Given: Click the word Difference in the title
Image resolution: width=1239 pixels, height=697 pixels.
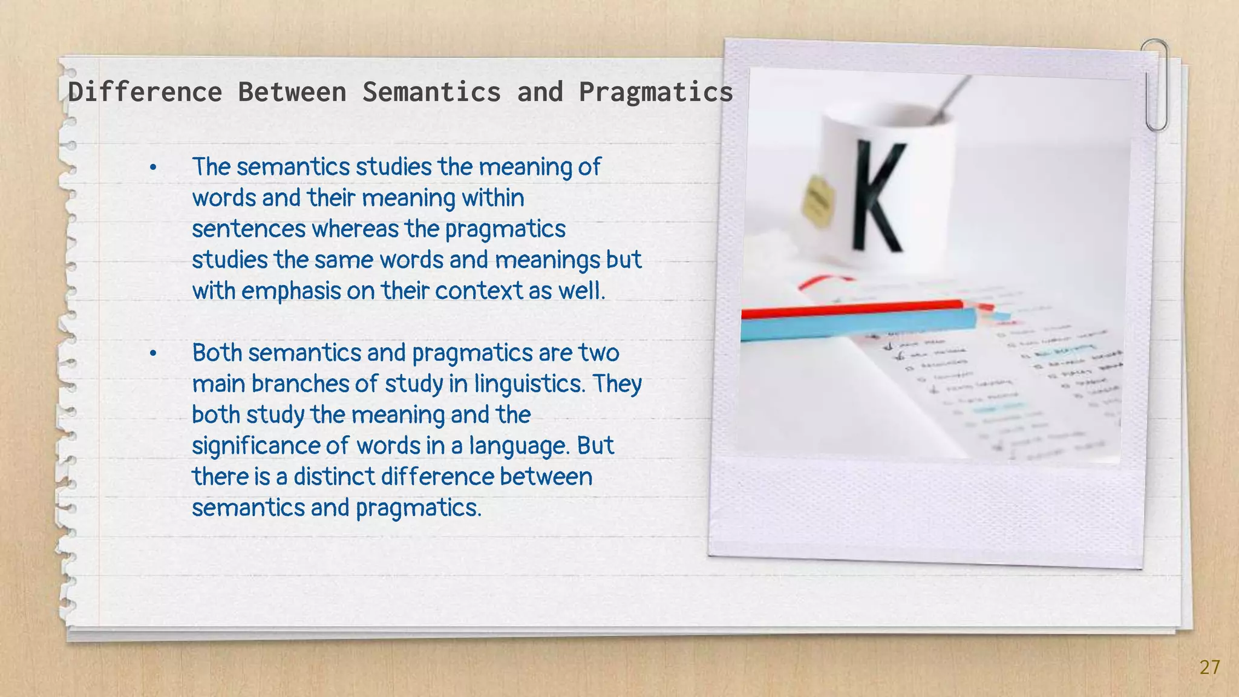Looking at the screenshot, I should tap(145, 92).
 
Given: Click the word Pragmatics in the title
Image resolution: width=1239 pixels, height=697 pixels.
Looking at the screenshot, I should tap(656, 92).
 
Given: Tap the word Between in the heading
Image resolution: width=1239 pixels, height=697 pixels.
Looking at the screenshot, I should tap(292, 92).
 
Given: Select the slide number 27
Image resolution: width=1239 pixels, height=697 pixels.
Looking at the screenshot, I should tap(1209, 667).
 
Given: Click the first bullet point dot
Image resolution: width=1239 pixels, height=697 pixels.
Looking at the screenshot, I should tap(154, 168).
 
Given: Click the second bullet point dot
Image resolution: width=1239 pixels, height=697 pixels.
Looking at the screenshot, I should tap(154, 353).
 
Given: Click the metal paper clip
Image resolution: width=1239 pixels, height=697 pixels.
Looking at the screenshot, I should tap(1156, 85).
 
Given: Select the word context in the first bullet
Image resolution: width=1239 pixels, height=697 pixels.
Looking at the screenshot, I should tap(478, 291).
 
